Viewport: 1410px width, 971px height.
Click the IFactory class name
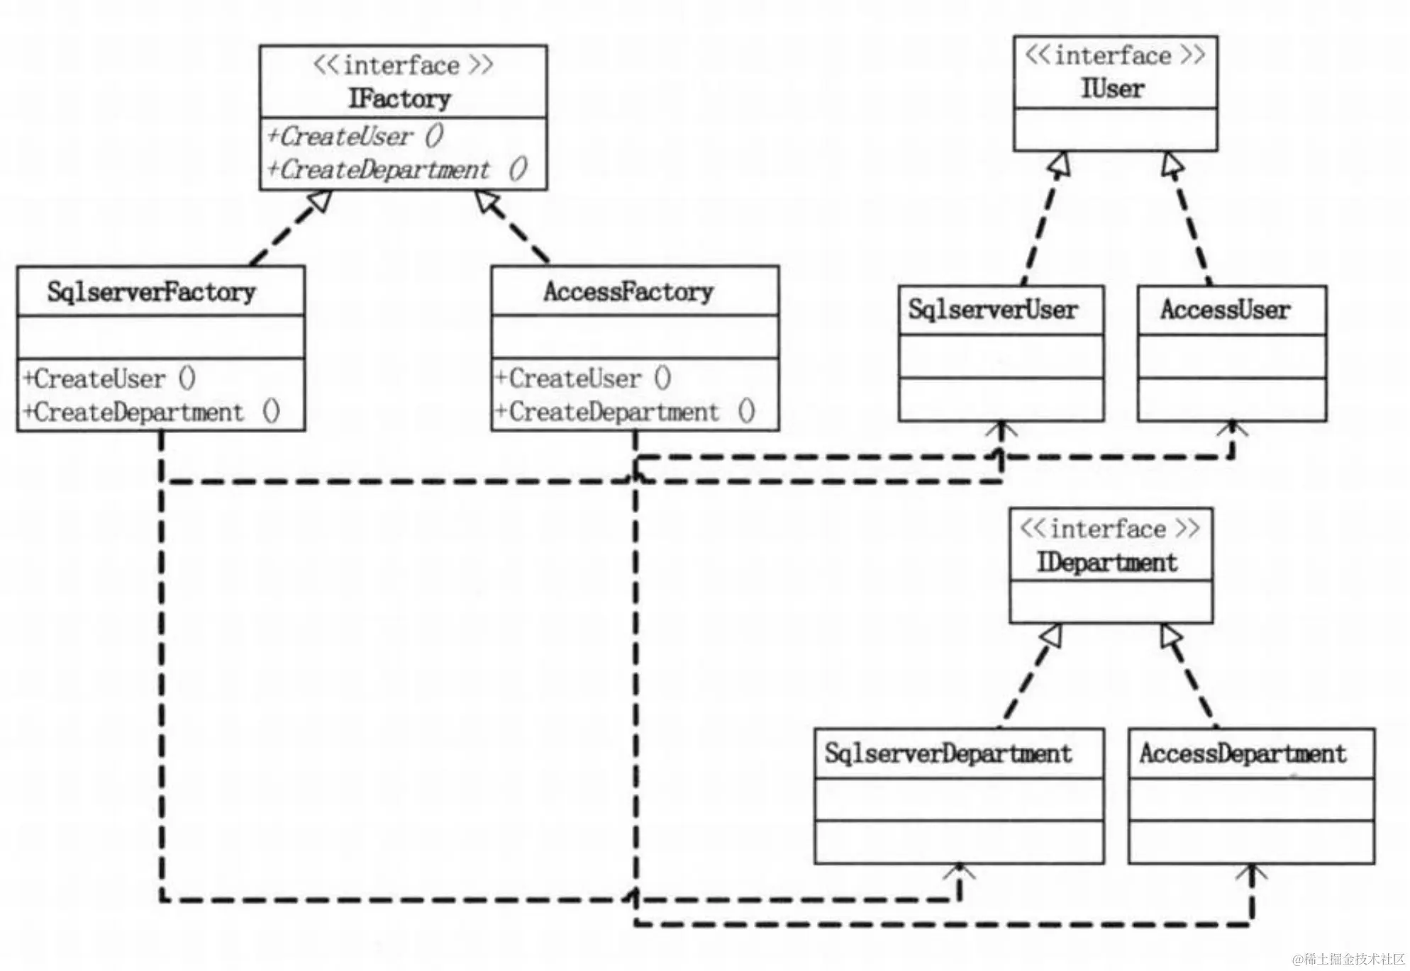[399, 99]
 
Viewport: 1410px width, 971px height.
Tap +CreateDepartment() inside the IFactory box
[396, 169]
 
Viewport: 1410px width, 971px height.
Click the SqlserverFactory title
[151, 291]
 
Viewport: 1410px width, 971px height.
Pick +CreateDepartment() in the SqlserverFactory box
[151, 412]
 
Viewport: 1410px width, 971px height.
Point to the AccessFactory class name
[628, 291]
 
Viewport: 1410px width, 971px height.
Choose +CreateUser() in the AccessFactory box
[582, 378]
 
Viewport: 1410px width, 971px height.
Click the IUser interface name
[1112, 89]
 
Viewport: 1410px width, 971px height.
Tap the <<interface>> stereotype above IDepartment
[1109, 529]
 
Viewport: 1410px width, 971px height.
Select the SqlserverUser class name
[993, 310]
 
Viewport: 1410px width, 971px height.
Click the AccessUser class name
[1225, 310]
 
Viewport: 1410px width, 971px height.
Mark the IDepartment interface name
[1106, 563]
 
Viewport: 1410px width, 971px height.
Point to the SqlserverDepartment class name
[948, 753]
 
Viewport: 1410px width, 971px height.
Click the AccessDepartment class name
[1242, 753]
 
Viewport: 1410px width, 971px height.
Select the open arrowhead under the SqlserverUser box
[1002, 429]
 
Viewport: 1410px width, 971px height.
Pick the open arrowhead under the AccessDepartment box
[1251, 872]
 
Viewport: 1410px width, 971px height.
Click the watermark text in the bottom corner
[1348, 959]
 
